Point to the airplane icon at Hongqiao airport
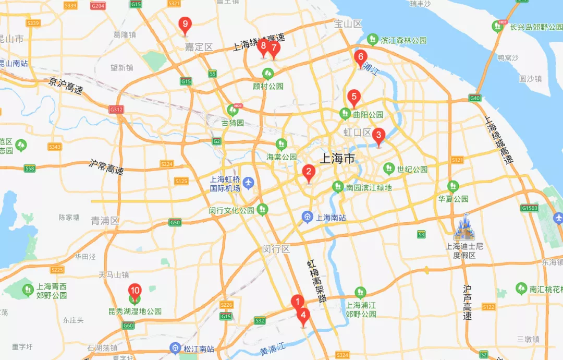click(249, 183)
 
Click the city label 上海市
click(336, 159)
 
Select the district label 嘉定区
click(199, 47)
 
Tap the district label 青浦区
click(105, 221)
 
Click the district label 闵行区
click(276, 249)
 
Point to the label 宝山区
click(348, 23)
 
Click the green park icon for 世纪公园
click(388, 169)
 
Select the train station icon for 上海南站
click(308, 217)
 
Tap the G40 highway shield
click(474, 98)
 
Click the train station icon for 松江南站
click(176, 348)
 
